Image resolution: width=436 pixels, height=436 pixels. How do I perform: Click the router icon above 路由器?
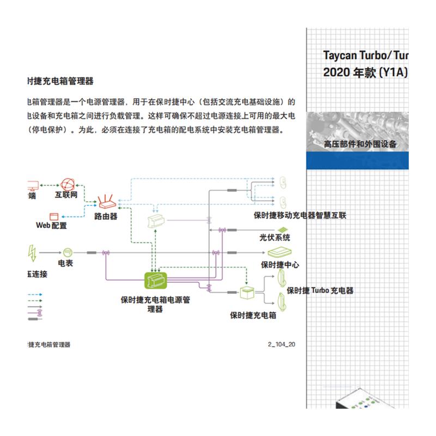(x=106, y=202)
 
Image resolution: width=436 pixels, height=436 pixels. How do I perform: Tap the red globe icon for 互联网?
(x=67, y=184)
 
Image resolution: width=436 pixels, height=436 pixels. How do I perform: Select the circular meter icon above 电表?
(x=67, y=252)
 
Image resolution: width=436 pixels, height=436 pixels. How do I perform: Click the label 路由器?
(x=106, y=216)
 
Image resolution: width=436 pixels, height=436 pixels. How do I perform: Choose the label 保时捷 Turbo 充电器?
(x=320, y=290)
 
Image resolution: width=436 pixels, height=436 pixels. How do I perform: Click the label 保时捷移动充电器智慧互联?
(x=300, y=215)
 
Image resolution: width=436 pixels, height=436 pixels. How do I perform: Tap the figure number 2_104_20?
(x=282, y=344)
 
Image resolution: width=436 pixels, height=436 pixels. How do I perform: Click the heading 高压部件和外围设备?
(x=360, y=144)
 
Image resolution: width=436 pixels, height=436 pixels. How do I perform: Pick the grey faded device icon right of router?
(x=156, y=221)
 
